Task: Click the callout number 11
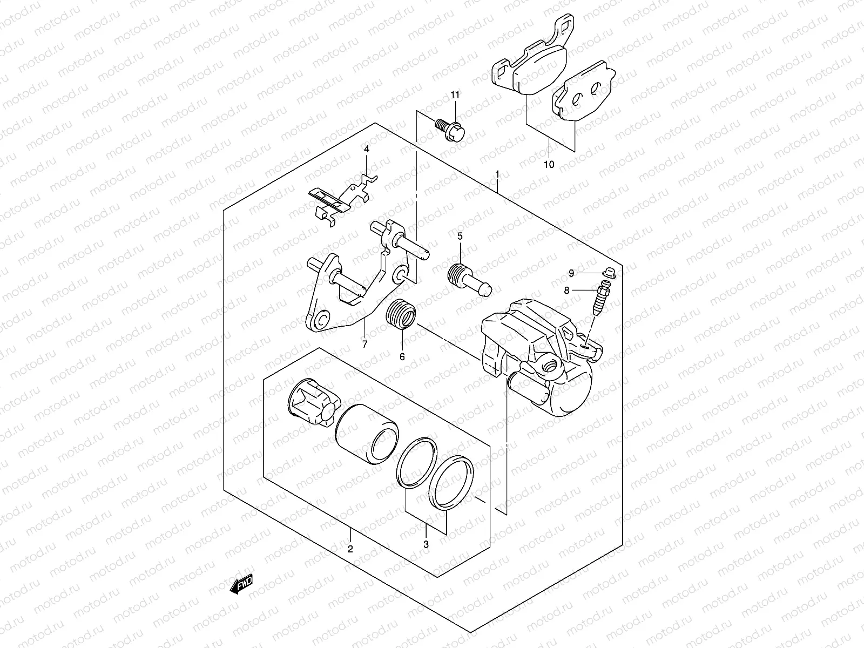(455, 95)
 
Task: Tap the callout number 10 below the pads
(549, 165)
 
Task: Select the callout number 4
(366, 148)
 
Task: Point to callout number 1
(497, 174)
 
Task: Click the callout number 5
(460, 236)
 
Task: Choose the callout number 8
(566, 291)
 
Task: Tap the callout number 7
(364, 344)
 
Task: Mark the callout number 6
(402, 356)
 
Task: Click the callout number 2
(350, 550)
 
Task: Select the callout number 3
(426, 545)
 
